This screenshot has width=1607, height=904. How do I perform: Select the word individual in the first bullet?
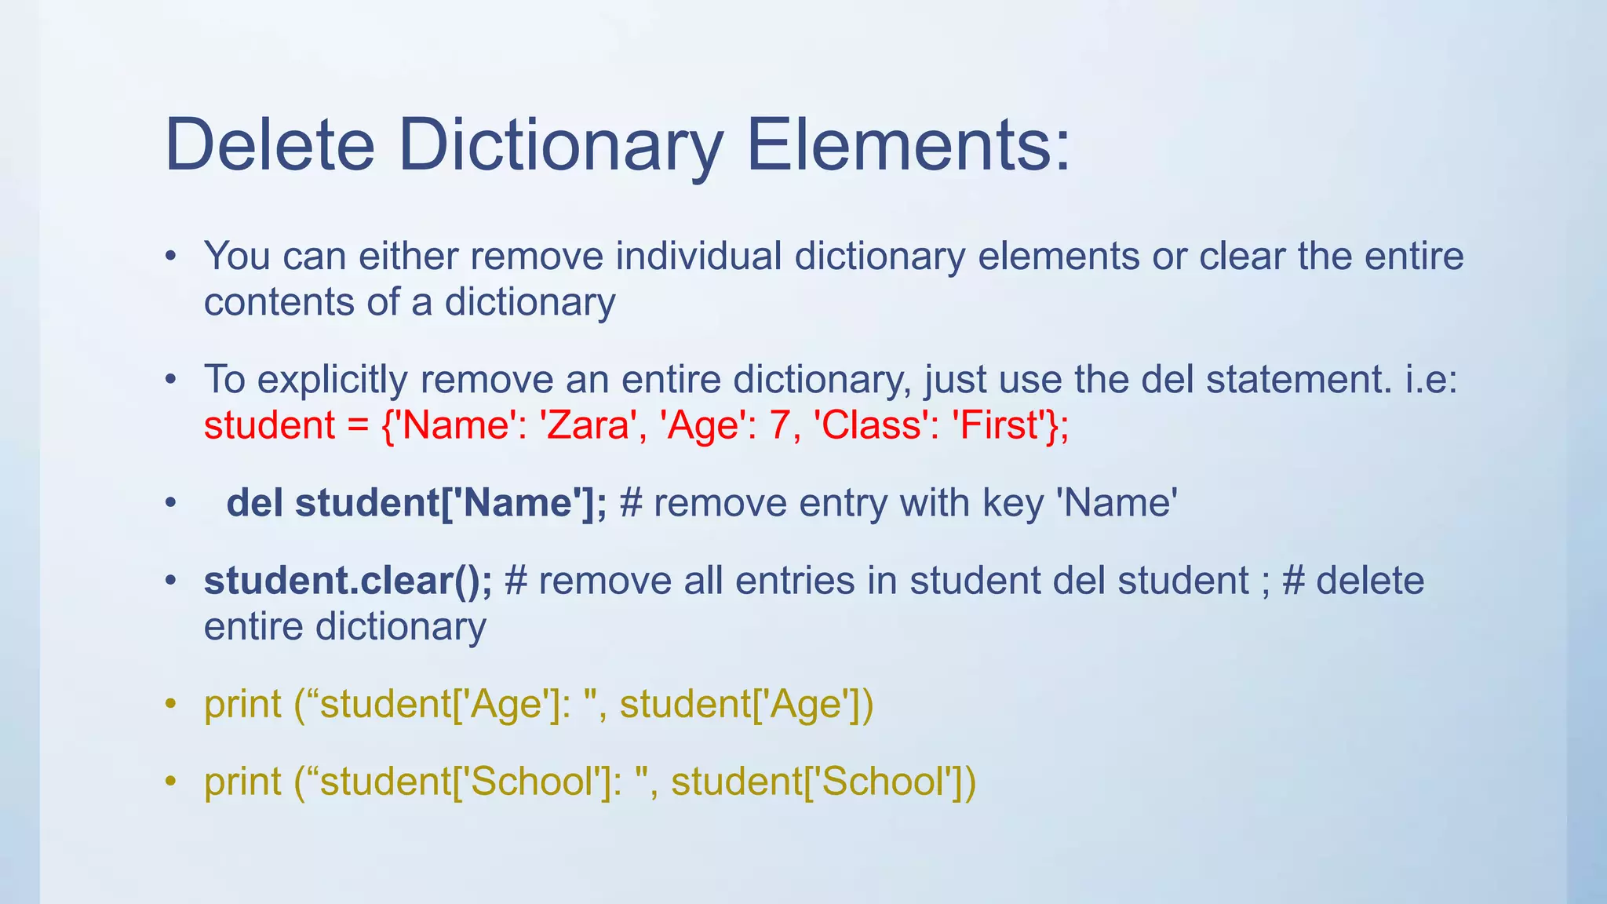(x=698, y=256)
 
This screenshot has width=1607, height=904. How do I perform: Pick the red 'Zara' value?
(x=589, y=425)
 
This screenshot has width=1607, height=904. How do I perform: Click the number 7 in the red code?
(x=779, y=425)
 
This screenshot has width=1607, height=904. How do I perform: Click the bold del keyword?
(x=254, y=503)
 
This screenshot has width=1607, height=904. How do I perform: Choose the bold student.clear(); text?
(x=348, y=581)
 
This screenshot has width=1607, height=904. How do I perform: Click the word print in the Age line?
(x=242, y=705)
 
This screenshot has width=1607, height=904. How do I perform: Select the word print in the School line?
(x=242, y=782)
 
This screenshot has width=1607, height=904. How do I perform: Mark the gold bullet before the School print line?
(x=170, y=782)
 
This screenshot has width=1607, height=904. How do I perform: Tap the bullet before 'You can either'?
(x=170, y=257)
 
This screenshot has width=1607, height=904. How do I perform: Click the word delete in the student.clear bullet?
(x=1370, y=581)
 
